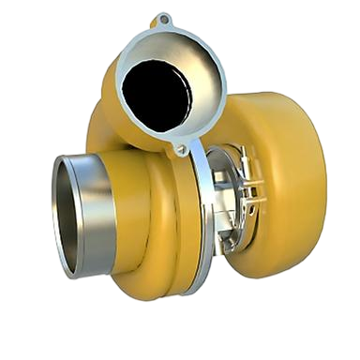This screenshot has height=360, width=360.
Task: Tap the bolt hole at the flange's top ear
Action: click(165, 19)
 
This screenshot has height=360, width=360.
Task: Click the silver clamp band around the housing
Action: click(200, 216)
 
